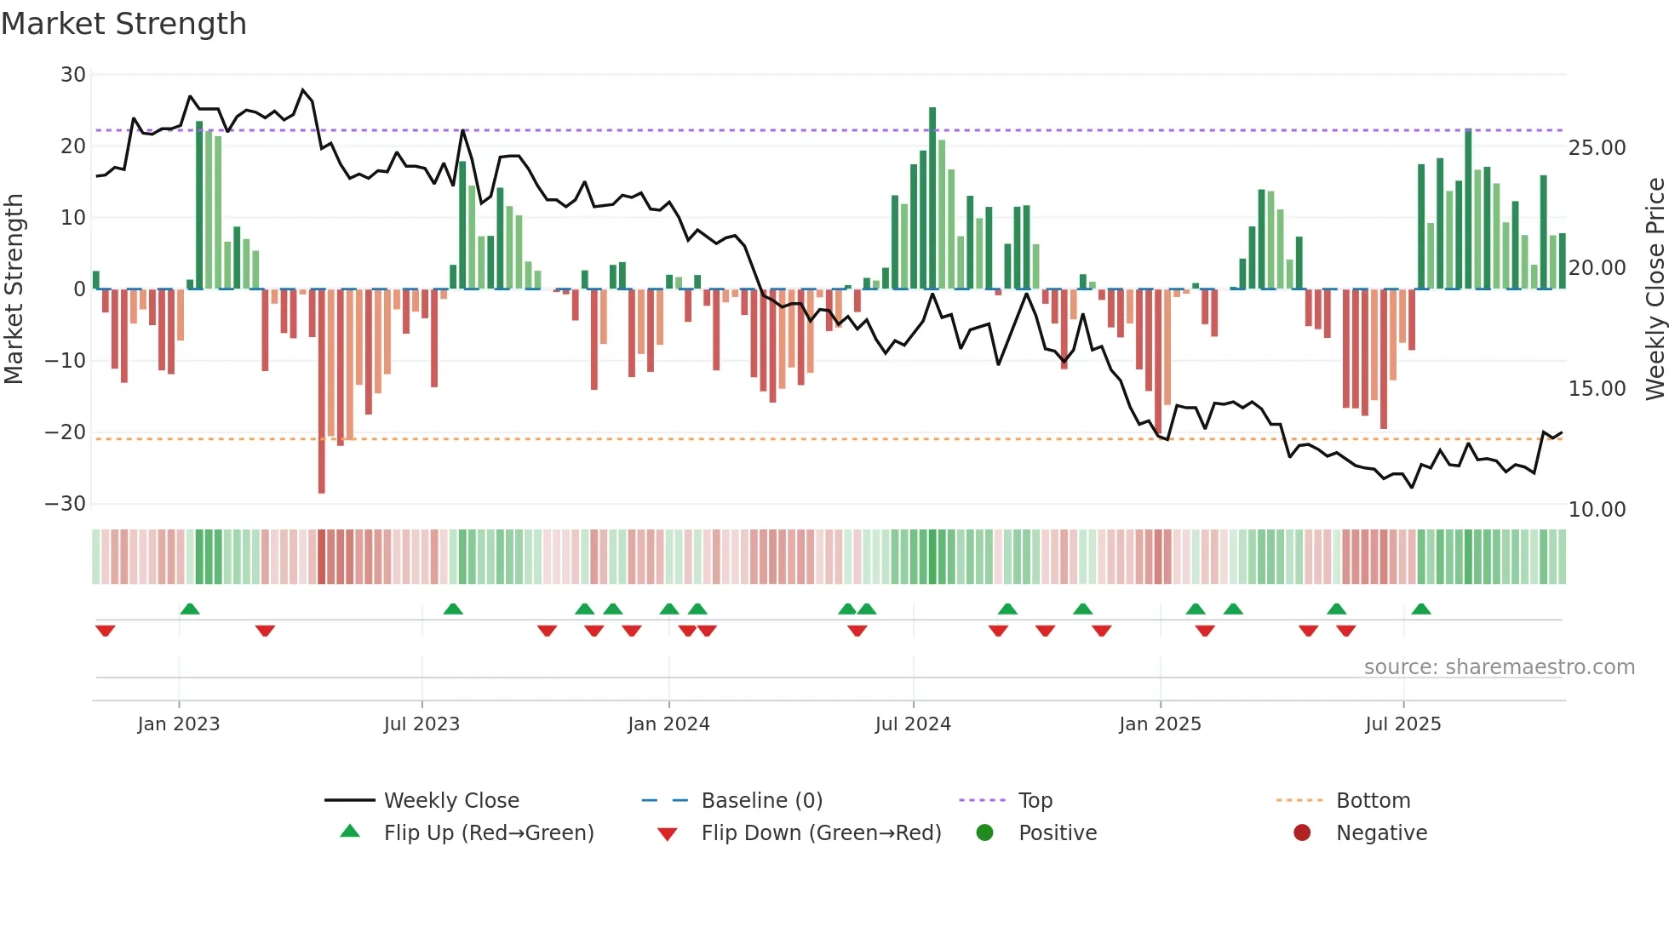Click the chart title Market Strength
pos(123,24)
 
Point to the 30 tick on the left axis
pos(73,75)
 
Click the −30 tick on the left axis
pos(66,504)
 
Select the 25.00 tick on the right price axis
pos(1597,148)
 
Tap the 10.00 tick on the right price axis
pos(1597,510)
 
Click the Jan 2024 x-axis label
pos(668,724)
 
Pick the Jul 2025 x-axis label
pos(1402,724)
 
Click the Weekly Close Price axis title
pos(1655,289)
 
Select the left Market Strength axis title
pos(14,289)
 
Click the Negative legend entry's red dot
pos(1302,832)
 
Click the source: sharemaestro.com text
pos(1499,667)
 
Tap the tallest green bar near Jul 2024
pos(932,196)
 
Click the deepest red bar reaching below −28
pos(321,392)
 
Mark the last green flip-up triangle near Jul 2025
pos(1421,609)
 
